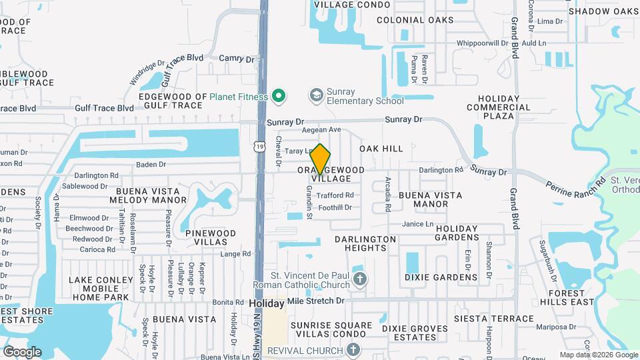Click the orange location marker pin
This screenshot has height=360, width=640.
(x=321, y=159)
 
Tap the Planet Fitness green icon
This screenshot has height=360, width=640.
(x=280, y=97)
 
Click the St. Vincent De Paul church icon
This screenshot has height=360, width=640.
(x=360, y=279)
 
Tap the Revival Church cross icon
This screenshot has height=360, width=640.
(x=353, y=350)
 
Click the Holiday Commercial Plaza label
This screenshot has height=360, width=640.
(x=499, y=107)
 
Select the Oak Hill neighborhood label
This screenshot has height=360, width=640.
(x=381, y=149)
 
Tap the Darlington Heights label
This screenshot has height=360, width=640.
(x=365, y=243)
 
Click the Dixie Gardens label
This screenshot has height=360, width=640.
(x=441, y=277)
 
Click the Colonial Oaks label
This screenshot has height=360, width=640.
(x=409, y=20)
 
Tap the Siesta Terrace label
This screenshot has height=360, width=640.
(x=493, y=319)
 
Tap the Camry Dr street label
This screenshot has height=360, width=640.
(x=237, y=59)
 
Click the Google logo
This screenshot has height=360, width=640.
(x=22, y=351)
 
